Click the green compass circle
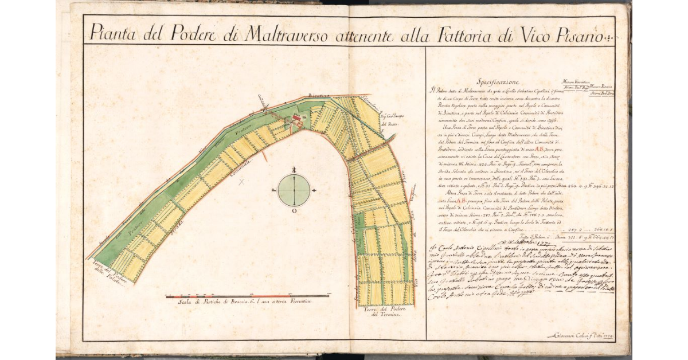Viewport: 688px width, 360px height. click(294, 191)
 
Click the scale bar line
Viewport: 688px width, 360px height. click(247, 296)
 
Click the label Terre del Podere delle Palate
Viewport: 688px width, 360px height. click(108, 276)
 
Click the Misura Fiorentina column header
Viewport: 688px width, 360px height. click(574, 81)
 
